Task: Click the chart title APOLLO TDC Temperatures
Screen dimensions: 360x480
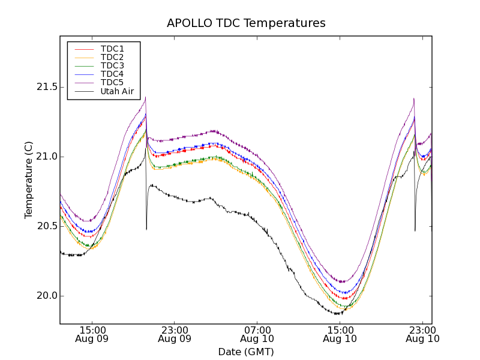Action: tap(246, 23)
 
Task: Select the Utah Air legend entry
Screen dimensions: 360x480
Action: tap(116, 92)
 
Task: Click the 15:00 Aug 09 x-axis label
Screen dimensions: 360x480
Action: tap(92, 334)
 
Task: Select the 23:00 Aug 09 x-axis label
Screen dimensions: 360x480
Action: tap(175, 334)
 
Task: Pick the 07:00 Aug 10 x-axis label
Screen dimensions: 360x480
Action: tap(257, 334)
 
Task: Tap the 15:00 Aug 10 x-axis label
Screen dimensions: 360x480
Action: tap(340, 334)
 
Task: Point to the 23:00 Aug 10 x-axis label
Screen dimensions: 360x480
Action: tap(422, 334)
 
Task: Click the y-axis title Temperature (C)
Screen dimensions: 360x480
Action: tap(29, 179)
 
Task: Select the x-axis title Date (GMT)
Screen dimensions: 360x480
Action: tap(246, 352)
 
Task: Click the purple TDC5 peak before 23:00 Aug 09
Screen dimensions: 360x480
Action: tap(145, 98)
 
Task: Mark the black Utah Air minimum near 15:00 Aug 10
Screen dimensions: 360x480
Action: tap(337, 314)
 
